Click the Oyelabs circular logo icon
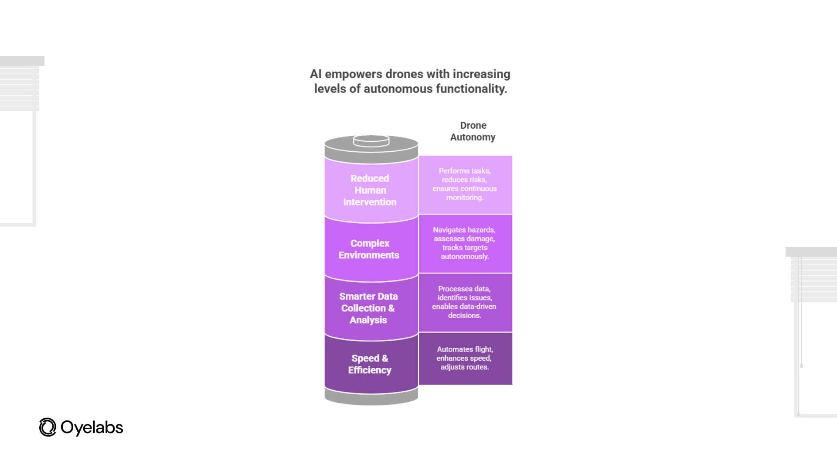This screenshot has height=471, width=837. pyautogui.click(x=48, y=427)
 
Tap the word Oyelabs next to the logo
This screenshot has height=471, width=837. pyautogui.click(x=92, y=427)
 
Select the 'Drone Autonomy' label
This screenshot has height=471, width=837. pyautogui.click(x=473, y=131)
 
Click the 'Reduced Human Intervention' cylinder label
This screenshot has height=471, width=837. pyautogui.click(x=370, y=190)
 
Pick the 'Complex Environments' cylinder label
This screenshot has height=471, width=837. pyautogui.click(x=369, y=249)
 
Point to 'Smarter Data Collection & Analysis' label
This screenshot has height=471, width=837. pyautogui.click(x=368, y=308)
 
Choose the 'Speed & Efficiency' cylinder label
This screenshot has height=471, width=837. pyautogui.click(x=370, y=364)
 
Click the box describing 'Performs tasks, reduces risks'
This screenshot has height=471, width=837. pyautogui.click(x=465, y=184)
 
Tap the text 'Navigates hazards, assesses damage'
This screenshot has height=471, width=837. pyautogui.click(x=464, y=234)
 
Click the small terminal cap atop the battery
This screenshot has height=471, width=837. pyautogui.click(x=371, y=140)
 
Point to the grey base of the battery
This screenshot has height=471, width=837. pyautogui.click(x=371, y=397)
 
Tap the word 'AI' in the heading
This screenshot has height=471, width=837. pyautogui.click(x=316, y=74)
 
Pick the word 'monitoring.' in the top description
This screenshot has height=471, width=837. pyautogui.click(x=465, y=198)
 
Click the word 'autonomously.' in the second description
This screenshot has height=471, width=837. pyautogui.click(x=465, y=256)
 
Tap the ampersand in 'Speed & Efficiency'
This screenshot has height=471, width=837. pyautogui.click(x=384, y=358)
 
